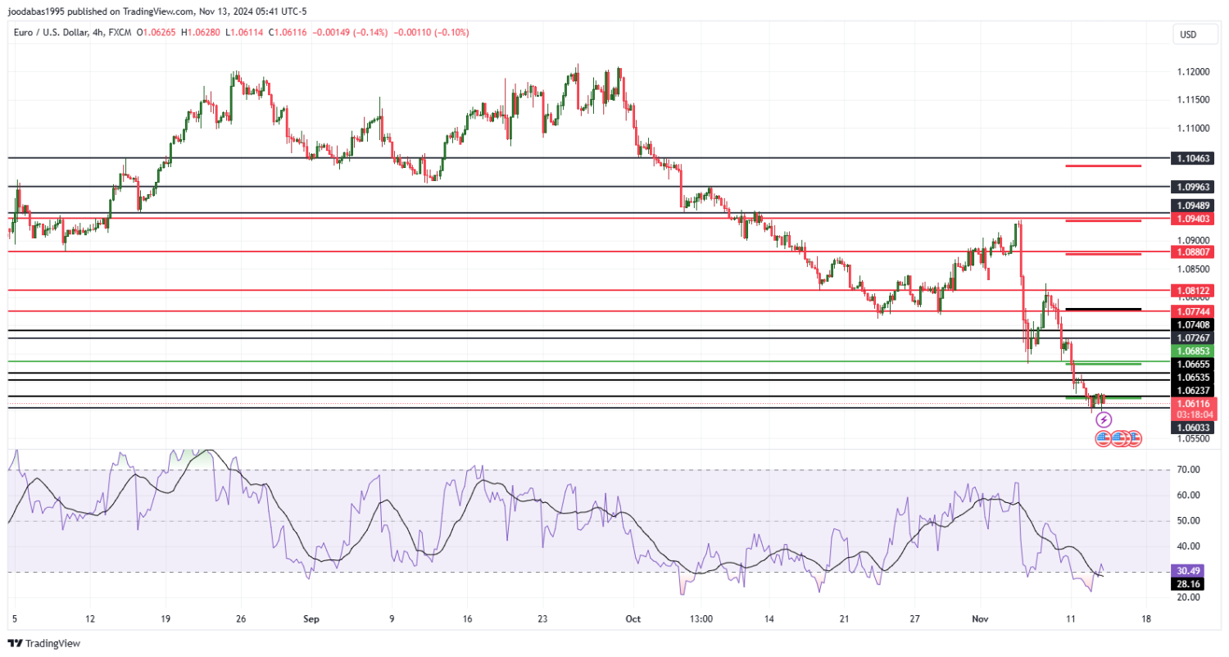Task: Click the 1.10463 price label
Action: click(x=1193, y=158)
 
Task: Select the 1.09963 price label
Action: click(x=1193, y=187)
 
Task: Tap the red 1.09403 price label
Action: click(x=1193, y=219)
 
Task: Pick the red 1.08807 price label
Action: click(x=1193, y=252)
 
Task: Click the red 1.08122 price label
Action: click(x=1193, y=291)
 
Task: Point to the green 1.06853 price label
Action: click(x=1193, y=351)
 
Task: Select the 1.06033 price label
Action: click(x=1193, y=428)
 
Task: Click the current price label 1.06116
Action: click(x=1193, y=404)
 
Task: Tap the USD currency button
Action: click(x=1186, y=34)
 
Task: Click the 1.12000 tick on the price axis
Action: click(x=1192, y=72)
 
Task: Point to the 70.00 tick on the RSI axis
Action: click(x=1187, y=469)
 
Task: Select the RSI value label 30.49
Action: click(x=1188, y=570)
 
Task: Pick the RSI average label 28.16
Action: click(x=1188, y=584)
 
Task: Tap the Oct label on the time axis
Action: click(x=632, y=619)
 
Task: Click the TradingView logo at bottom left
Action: click(x=44, y=644)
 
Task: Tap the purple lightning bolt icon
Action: click(x=1104, y=420)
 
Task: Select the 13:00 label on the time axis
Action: click(x=701, y=619)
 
